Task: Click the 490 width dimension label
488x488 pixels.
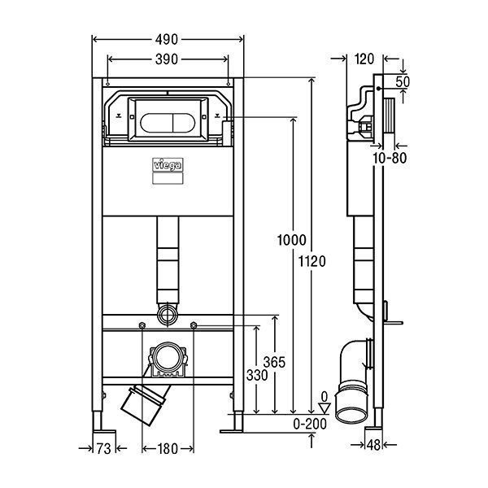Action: point(167,40)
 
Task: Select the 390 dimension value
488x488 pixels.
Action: point(167,59)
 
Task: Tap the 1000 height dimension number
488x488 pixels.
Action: point(292,240)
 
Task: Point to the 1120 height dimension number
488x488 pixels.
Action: point(312,261)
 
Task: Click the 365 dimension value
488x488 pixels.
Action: point(274,362)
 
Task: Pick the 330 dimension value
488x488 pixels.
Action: point(257,375)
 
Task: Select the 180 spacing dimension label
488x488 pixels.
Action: point(168,449)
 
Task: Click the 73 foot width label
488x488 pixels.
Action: point(103,449)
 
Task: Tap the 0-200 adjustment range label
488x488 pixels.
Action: point(310,424)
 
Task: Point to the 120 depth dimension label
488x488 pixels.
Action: point(364,59)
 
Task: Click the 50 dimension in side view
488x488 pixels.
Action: point(403,82)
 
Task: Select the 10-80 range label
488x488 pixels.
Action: point(390,158)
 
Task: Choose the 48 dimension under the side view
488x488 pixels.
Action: point(374,445)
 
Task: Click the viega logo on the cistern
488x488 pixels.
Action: point(168,165)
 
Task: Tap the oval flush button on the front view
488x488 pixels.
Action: point(168,123)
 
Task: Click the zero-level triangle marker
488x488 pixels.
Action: point(325,408)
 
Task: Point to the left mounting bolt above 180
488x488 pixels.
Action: point(142,325)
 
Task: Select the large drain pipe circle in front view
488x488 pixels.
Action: point(168,358)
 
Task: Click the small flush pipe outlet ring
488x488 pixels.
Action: point(168,315)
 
